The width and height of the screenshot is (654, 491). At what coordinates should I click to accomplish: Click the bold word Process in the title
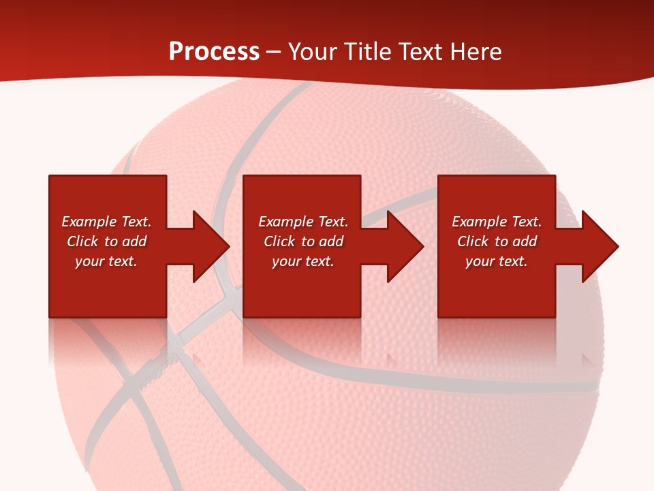tap(214, 52)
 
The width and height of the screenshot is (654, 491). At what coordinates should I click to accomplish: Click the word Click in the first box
tap(82, 241)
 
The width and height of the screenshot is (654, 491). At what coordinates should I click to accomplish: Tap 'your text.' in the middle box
tap(302, 261)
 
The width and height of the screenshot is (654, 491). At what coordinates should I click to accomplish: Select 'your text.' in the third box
tap(496, 261)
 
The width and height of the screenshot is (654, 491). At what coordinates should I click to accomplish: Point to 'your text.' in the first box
tap(106, 261)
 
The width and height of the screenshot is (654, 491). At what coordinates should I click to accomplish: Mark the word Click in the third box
tap(473, 241)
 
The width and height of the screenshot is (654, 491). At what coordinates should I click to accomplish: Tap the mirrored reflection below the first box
tap(108, 341)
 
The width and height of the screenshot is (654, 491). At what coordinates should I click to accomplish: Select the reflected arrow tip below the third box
tap(587, 359)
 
